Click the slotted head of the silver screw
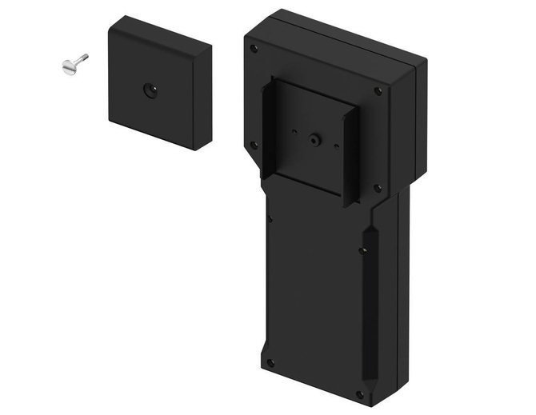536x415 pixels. (x=67, y=68)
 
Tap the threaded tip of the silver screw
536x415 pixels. (x=85, y=57)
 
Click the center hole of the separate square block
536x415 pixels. (x=150, y=90)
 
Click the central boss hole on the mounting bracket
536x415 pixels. (x=314, y=139)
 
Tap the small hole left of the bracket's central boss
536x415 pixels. (x=294, y=131)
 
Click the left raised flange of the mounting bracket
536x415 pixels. (x=270, y=128)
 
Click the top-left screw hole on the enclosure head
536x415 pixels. (x=254, y=49)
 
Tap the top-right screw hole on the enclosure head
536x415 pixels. (x=378, y=91)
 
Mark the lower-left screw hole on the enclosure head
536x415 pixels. (x=254, y=145)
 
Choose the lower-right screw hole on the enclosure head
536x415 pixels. (x=378, y=190)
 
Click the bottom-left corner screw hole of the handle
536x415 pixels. (x=271, y=362)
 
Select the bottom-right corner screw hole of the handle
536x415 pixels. (x=359, y=393)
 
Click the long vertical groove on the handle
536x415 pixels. (x=370, y=304)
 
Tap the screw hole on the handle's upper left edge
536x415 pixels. (x=270, y=217)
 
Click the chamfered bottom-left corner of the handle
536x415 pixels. (x=264, y=352)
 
